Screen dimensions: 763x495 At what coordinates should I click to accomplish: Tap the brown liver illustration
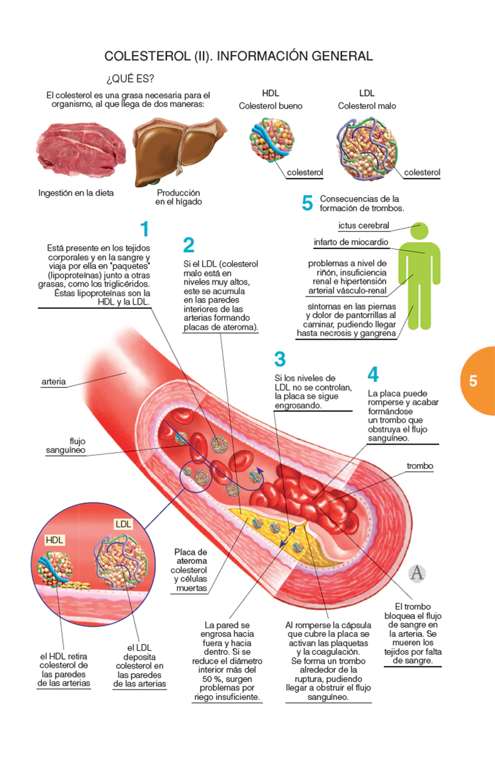pos(179,148)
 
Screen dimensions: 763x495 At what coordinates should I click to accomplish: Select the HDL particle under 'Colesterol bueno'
pos(270,142)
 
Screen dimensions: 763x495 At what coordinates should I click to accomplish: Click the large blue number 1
pos(144,230)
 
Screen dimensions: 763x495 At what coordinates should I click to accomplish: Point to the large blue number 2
pos(189,246)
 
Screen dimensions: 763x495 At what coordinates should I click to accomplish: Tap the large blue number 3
pos(280,359)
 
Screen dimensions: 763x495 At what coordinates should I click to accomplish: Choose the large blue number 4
pos(372,374)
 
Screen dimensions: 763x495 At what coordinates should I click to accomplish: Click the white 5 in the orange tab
pos(473,381)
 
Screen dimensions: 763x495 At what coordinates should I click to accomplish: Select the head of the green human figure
pos(421,230)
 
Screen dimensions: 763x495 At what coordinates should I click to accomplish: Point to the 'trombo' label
pos(420,466)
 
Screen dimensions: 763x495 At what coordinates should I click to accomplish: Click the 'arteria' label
pos(54,382)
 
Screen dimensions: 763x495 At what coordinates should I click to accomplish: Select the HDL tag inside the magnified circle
pos(54,540)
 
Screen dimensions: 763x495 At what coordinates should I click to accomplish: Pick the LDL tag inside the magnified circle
pos(124,524)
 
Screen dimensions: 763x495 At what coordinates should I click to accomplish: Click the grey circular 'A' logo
pos(418,573)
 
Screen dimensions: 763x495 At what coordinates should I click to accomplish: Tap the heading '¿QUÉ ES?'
pos(131,80)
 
